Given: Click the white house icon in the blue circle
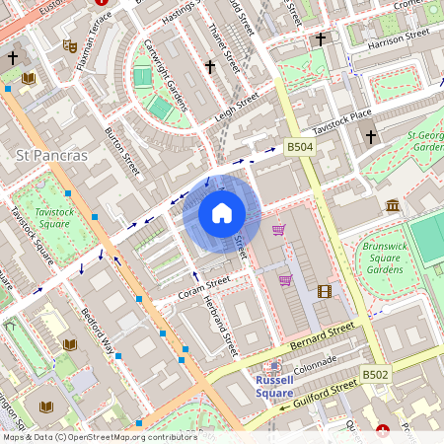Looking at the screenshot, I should click(221, 213).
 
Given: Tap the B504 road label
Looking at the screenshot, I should click(300, 147).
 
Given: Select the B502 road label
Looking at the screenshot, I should click(375, 375).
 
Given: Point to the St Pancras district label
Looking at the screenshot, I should click(52, 156).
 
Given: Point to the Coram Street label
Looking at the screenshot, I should click(203, 287).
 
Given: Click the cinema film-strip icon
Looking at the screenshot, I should click(325, 290).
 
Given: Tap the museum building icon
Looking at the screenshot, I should click(394, 205).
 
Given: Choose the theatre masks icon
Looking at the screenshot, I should click(69, 45).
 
